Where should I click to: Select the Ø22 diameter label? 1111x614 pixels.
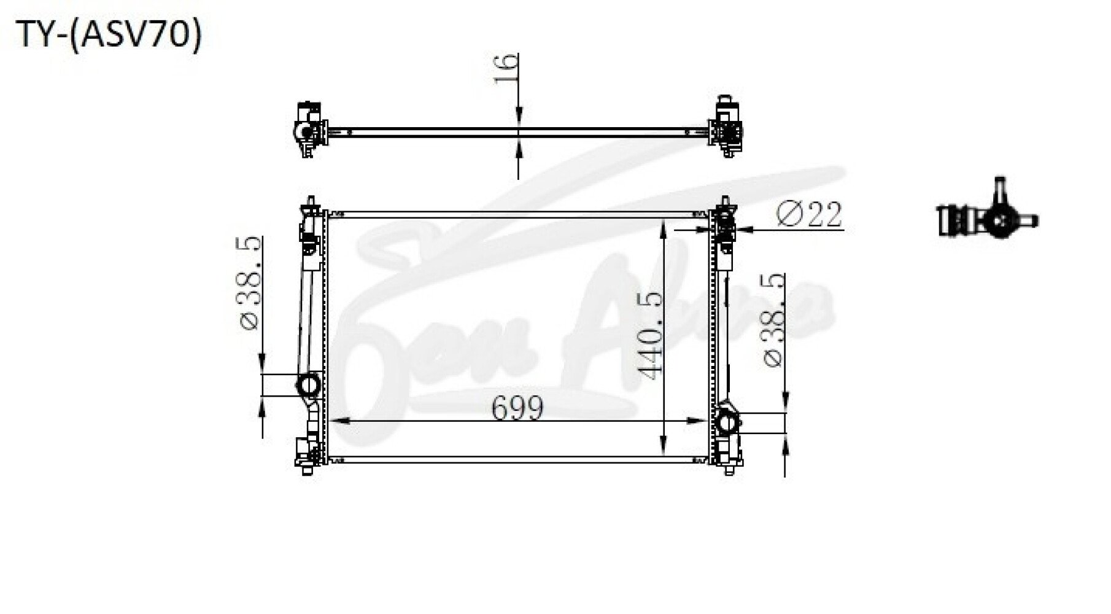809,214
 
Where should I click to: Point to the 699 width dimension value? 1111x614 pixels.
517,408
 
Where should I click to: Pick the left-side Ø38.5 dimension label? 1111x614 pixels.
250,284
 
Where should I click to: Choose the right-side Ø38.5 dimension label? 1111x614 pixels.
773,321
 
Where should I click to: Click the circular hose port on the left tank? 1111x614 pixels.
308,386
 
